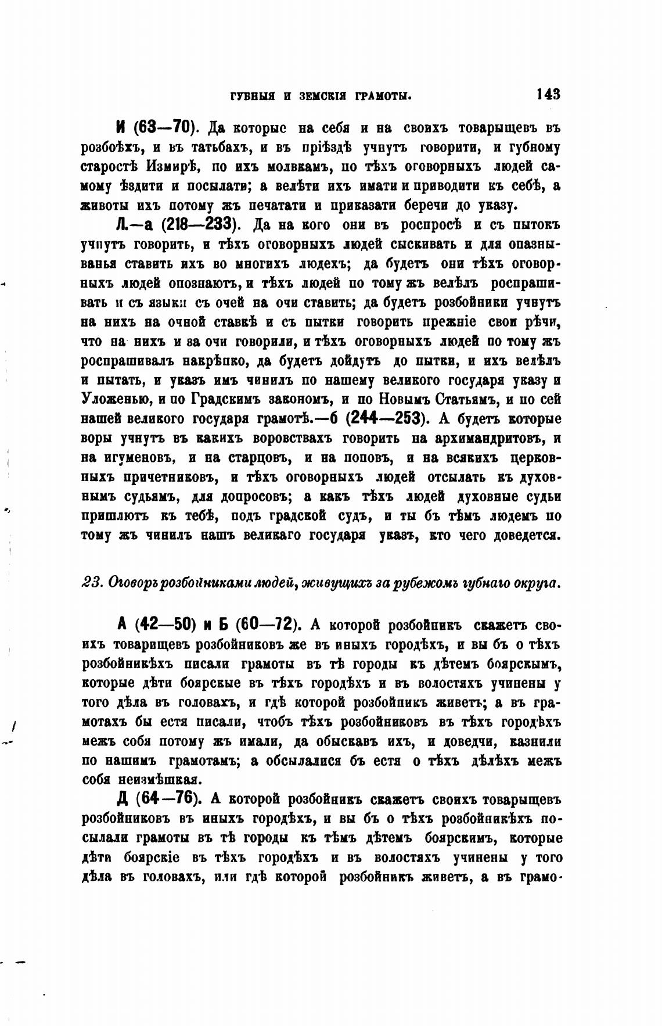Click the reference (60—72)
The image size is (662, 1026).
[x=267, y=625]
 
